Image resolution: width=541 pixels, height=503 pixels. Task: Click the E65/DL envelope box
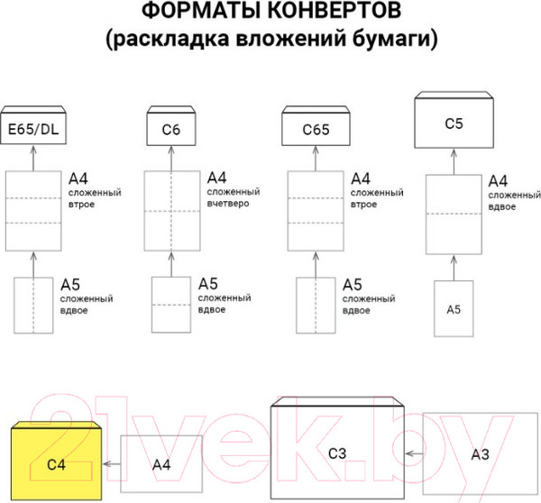(32, 129)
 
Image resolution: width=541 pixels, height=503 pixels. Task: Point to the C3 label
(337, 453)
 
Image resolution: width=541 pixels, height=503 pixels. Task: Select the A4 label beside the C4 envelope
(160, 464)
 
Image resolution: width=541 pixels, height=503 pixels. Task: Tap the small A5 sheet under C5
(454, 309)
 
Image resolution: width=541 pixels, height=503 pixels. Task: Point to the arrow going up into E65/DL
(32, 159)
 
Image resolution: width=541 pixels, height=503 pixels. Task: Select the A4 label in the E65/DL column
(78, 178)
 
